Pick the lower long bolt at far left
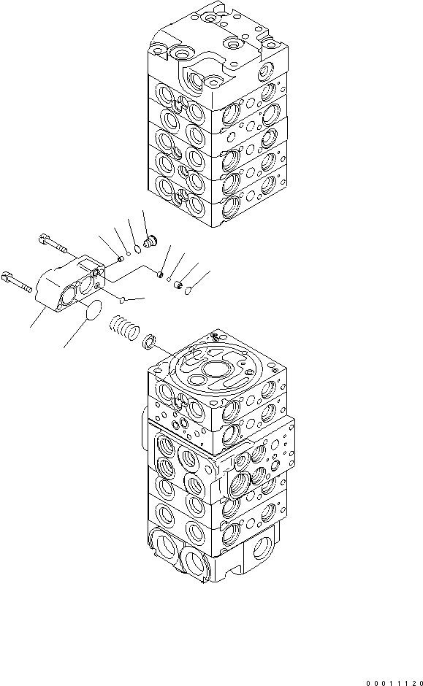[x=18, y=282]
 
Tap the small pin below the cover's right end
[x=123, y=298]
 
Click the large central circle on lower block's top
[x=217, y=371]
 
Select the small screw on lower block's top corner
[x=214, y=337]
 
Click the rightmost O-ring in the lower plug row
[x=187, y=290]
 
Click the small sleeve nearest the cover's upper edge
[x=118, y=257]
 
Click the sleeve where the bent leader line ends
[x=160, y=275]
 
